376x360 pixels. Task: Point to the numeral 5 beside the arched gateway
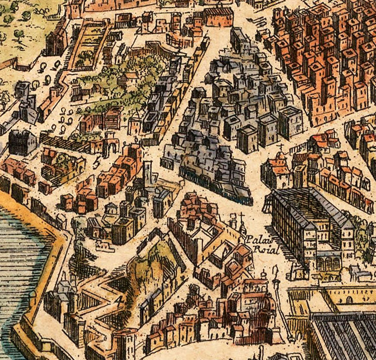97,159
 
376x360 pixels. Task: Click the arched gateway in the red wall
111,148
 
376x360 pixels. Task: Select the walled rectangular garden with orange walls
89,45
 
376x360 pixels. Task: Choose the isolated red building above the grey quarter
219,17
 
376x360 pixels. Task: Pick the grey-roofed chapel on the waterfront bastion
64,290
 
